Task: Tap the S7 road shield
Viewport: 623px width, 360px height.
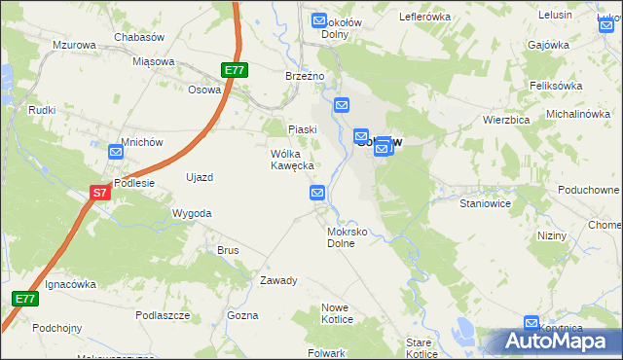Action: point(100,194)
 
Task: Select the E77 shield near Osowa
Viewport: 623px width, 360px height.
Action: point(234,70)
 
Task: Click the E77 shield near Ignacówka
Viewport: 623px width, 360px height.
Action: point(26,298)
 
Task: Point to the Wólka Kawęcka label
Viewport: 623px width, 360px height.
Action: point(292,160)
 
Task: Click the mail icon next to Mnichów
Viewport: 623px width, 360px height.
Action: point(116,152)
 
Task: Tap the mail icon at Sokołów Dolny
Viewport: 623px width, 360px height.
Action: point(318,20)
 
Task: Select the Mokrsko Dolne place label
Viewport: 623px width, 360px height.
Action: point(347,238)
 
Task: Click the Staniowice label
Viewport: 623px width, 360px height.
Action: point(485,205)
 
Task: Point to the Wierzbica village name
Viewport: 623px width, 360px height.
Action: point(505,120)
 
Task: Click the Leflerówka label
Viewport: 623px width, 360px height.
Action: point(425,17)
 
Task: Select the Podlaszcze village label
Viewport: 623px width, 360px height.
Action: point(163,315)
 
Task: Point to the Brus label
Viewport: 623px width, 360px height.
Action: point(228,250)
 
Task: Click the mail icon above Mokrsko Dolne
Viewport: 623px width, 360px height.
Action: point(318,194)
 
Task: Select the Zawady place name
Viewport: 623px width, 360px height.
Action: point(278,280)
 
